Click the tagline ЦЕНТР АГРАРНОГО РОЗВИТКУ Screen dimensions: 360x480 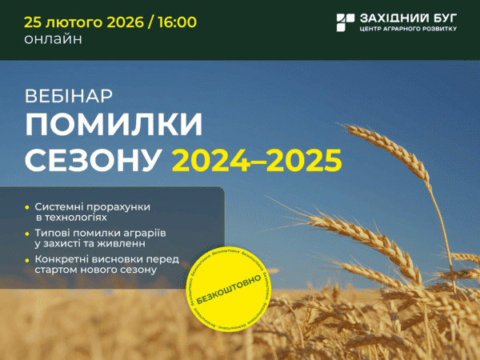tap(408, 30)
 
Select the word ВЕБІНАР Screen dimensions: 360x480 tap(69, 95)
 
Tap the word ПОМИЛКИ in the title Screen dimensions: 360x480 tap(114, 126)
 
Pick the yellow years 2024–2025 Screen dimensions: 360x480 tap(257, 160)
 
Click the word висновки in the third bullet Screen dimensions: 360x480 tap(118, 259)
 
